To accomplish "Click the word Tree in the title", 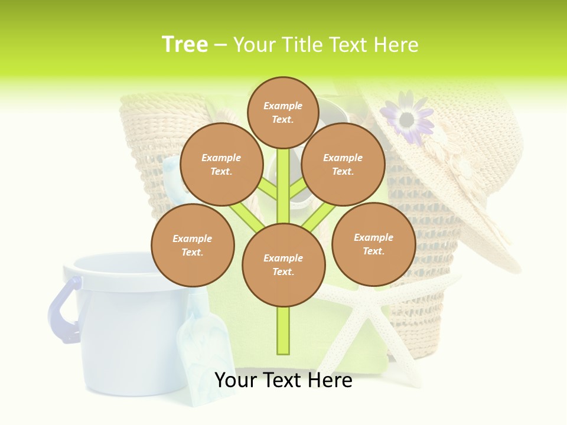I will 185,45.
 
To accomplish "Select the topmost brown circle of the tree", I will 283,112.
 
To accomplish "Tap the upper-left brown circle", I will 221,165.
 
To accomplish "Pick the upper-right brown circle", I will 343,165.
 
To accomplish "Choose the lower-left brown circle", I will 192,246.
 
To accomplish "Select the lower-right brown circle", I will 373,244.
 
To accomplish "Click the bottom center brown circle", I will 283,265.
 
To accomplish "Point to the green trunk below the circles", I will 283,331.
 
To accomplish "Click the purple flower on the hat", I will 407,118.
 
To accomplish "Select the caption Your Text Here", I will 283,380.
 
